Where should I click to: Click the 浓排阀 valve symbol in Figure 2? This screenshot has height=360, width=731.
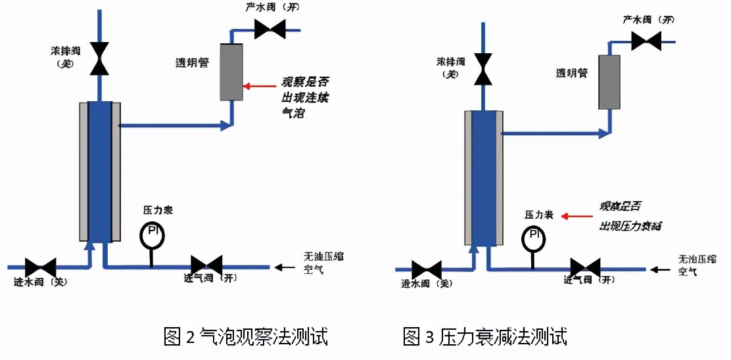point(100,58)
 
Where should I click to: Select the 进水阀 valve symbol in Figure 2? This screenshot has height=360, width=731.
point(41,267)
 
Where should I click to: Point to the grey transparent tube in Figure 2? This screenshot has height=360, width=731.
point(231,72)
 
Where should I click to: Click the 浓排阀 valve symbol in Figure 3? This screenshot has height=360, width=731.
point(484,69)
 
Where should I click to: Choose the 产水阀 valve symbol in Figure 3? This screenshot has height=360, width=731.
point(646,41)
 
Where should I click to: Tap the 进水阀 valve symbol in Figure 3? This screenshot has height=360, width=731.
point(427,269)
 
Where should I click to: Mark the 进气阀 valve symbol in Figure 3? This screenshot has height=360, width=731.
point(585,268)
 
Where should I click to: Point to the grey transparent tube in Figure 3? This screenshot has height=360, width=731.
point(609,82)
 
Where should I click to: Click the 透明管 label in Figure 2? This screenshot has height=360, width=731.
point(192,62)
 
